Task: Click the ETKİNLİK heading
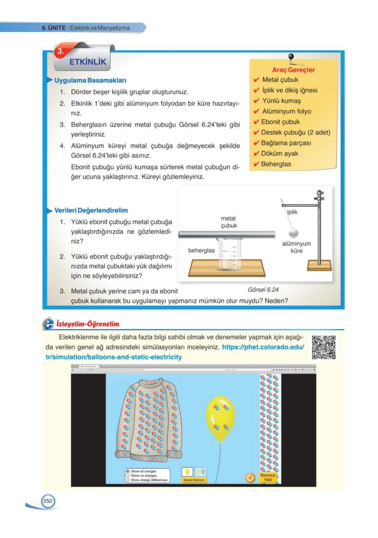point(87,62)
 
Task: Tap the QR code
point(323,347)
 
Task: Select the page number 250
point(48,502)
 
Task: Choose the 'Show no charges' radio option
point(128,475)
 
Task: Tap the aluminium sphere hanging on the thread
point(295,232)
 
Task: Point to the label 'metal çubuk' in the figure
point(228,222)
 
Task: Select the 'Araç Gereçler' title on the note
point(293,69)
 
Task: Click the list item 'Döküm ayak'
point(280,153)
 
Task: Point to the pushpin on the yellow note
point(291,58)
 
